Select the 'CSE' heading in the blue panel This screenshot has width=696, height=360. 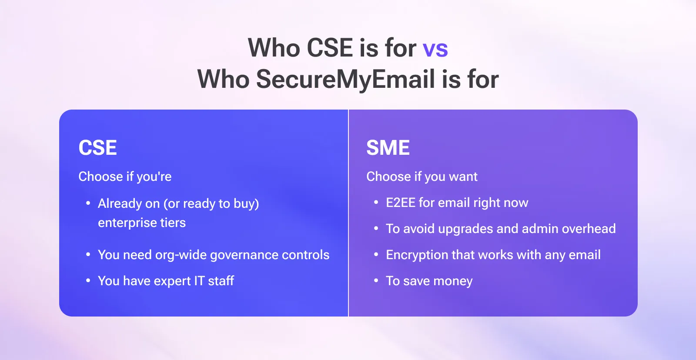pyautogui.click(x=97, y=148)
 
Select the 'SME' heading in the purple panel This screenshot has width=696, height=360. pyautogui.click(x=388, y=148)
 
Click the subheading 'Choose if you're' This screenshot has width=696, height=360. pyautogui.click(x=125, y=177)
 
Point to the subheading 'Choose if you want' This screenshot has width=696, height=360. pyautogui.click(x=422, y=177)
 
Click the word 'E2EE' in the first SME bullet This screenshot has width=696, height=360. pyautogui.click(x=400, y=203)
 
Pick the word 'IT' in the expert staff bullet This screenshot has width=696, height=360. pyautogui.click(x=199, y=281)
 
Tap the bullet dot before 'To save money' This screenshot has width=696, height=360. pyautogui.click(x=376, y=281)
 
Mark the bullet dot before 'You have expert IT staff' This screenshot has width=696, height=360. pyautogui.click(x=88, y=281)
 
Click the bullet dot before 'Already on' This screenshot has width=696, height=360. pyautogui.click(x=88, y=203)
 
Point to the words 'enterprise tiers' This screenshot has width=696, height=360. pyautogui.click(x=141, y=223)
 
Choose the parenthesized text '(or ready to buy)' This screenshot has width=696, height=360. pyautogui.click(x=211, y=203)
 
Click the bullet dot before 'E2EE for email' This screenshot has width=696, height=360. pyautogui.click(x=376, y=203)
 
